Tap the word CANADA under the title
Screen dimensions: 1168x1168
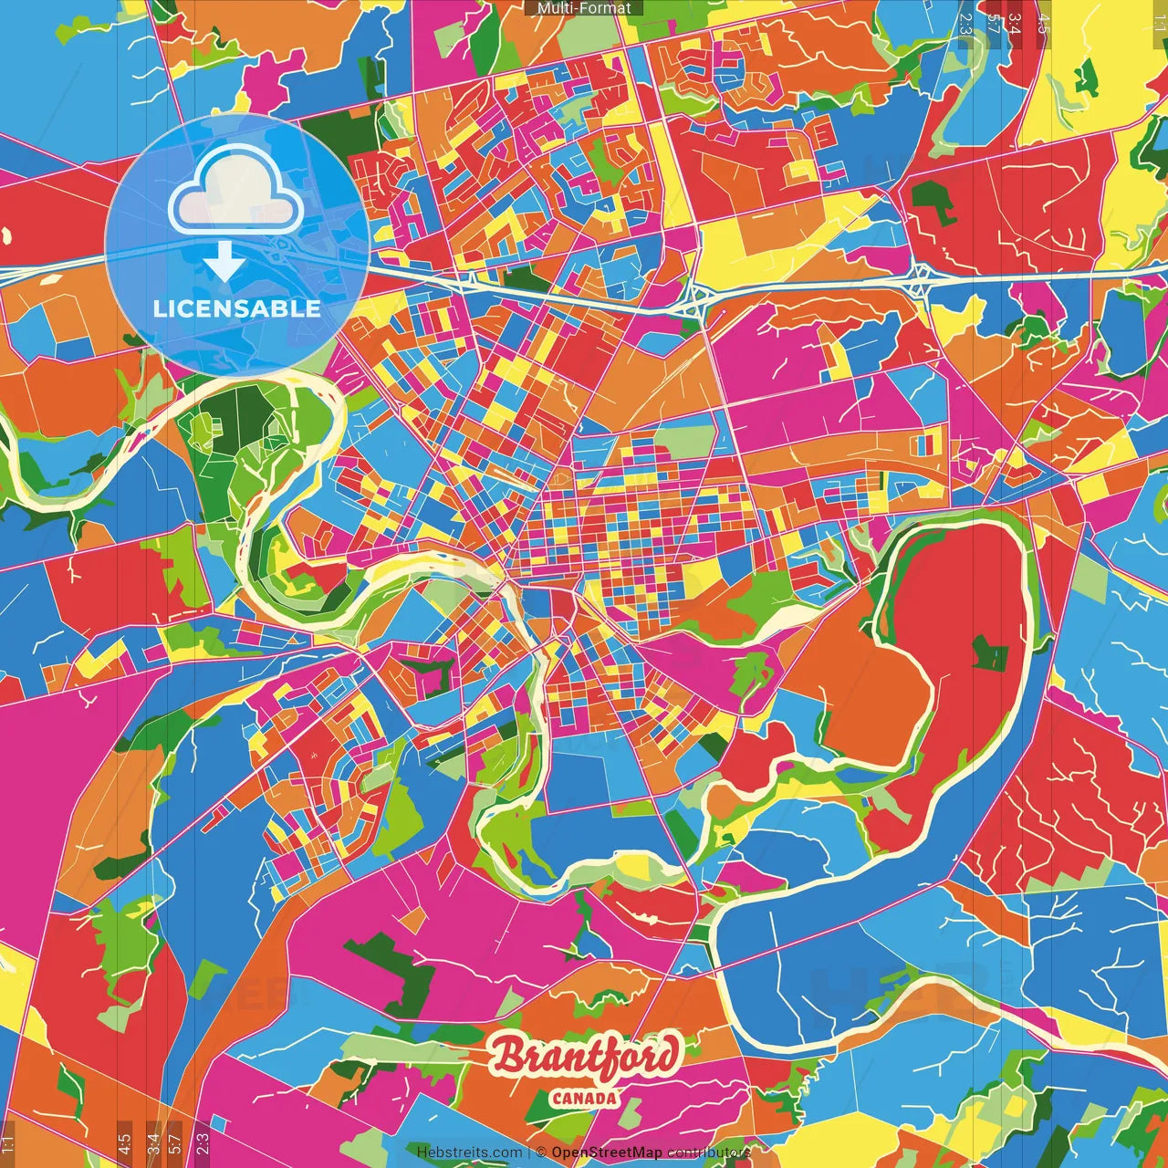tap(584, 1099)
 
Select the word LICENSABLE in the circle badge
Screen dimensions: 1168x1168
tap(237, 308)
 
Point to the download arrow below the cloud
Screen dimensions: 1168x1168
tap(224, 261)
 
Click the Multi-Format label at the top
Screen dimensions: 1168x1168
tap(584, 8)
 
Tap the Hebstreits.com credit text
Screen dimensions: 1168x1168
tap(469, 1152)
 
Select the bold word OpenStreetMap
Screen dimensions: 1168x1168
tap(607, 1152)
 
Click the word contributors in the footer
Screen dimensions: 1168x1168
tap(708, 1152)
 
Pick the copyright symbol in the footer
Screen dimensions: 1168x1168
tap(541, 1152)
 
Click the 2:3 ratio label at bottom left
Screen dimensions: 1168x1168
tap(203, 1142)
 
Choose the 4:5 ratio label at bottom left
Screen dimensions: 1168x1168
tap(123, 1142)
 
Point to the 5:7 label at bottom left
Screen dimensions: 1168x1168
tap(174, 1142)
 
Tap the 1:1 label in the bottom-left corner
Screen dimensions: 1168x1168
tap(8, 1142)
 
